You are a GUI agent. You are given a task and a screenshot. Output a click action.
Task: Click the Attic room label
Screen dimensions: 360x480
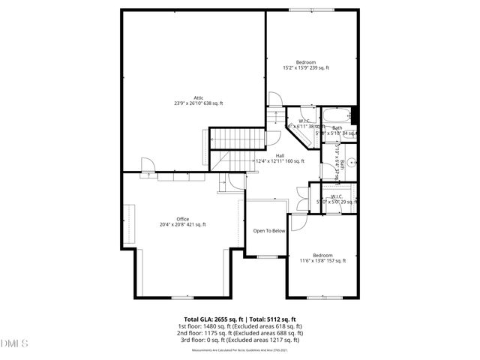pos(199,97)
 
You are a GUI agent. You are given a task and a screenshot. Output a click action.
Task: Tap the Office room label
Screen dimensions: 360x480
pos(183,218)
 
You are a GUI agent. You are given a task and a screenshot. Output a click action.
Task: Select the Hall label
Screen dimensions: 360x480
pos(280,155)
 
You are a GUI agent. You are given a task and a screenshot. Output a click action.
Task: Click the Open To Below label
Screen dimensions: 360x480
pos(269,231)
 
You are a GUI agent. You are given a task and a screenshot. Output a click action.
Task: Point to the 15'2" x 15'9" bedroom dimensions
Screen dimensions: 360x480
pos(305,68)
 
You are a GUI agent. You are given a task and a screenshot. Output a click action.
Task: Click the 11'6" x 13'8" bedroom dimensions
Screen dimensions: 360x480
pos(322,261)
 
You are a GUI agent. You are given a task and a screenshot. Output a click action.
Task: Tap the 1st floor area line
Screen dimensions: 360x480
pos(240,326)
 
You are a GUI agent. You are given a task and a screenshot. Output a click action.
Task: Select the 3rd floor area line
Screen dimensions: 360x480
pos(240,340)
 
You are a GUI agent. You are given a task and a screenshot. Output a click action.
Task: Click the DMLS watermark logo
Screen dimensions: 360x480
pos(13,344)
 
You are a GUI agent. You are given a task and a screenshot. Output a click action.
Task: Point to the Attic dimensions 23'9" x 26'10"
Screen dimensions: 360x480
pos(199,103)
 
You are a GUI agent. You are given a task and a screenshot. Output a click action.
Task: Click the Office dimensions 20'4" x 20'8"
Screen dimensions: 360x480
pos(183,224)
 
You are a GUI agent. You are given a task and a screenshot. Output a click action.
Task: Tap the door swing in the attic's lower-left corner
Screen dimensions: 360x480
pos(146,164)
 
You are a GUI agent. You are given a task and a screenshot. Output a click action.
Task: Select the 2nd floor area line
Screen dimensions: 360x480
pos(240,333)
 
